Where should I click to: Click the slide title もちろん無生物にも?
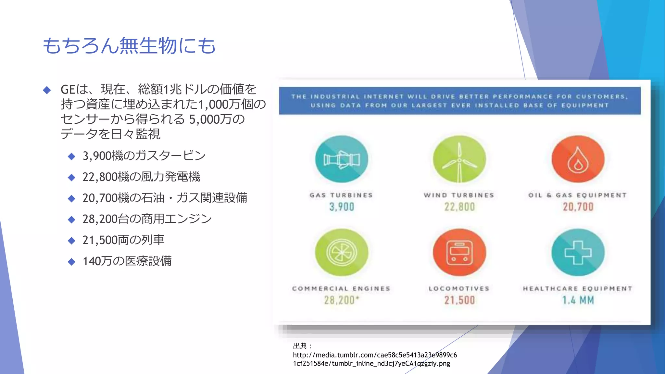pyautogui.click(x=129, y=45)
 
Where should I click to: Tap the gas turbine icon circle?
pyautogui.click(x=342, y=159)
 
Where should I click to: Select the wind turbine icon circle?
pyautogui.click(x=459, y=159)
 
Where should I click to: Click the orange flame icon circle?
pyautogui.click(x=578, y=159)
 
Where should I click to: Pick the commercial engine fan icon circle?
pyautogui.click(x=342, y=252)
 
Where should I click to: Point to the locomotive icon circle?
pyautogui.click(x=459, y=252)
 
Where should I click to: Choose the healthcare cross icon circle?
pyautogui.click(x=578, y=252)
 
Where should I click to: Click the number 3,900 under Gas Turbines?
pyautogui.click(x=342, y=207)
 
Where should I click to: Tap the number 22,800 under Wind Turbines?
pyautogui.click(x=459, y=207)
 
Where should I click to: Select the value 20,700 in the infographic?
pyautogui.click(x=578, y=207)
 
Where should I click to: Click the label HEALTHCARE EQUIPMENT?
pyautogui.click(x=578, y=289)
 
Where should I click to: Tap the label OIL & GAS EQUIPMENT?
pyautogui.click(x=577, y=195)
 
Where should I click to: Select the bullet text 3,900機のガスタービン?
pyautogui.click(x=144, y=156)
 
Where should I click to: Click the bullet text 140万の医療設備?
pyautogui.click(x=127, y=261)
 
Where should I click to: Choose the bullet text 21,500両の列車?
pyautogui.click(x=123, y=240)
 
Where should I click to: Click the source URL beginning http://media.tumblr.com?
pyautogui.click(x=375, y=359)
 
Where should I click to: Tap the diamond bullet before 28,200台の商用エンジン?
pyautogui.click(x=71, y=220)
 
